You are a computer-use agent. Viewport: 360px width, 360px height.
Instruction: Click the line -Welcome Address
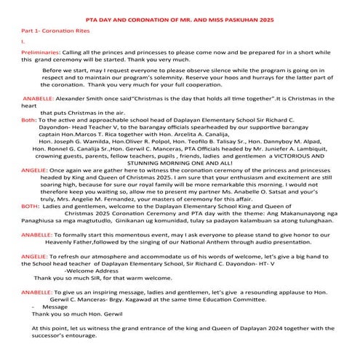[x=91, y=291]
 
